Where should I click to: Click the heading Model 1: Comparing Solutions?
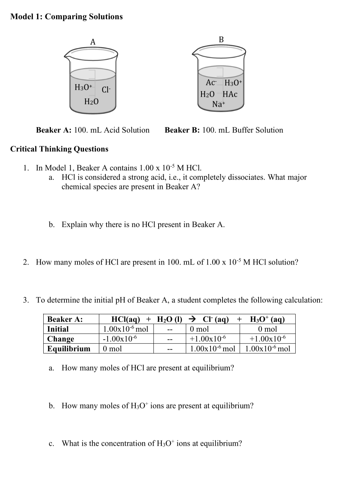tap(67, 17)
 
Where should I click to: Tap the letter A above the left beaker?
tap(93, 42)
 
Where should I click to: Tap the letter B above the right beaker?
tap(221, 40)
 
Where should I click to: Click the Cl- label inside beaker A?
tap(106, 90)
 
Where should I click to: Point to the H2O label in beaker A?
tap(91, 102)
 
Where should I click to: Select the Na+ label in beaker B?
tap(219, 104)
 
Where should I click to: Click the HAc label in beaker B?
tap(230, 94)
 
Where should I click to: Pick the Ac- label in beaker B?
tap(211, 83)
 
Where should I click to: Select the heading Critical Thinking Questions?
tap(59, 149)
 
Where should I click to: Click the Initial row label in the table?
tap(58, 329)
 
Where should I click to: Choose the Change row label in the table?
tap(61, 339)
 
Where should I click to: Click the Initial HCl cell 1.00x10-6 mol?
tap(125, 329)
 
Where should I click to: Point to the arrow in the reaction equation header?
tap(193, 319)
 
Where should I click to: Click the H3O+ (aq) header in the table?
tap(267, 319)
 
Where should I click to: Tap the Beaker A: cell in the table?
tap(65, 319)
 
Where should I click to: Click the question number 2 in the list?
tap(26, 262)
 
